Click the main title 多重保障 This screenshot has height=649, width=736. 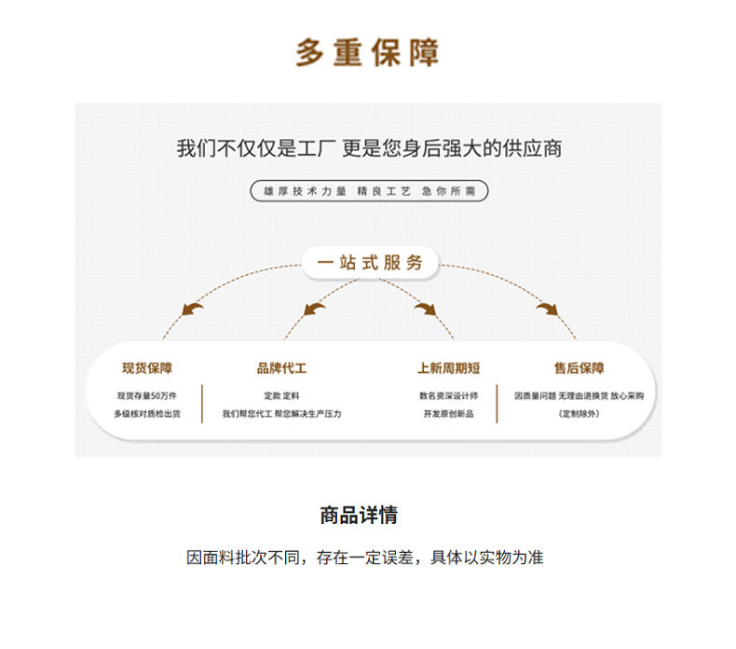[367, 53]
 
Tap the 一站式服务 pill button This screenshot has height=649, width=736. [369, 262]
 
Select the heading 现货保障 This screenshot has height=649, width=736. [146, 368]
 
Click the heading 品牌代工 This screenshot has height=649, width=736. [281, 368]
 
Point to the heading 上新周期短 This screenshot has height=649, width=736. [449, 368]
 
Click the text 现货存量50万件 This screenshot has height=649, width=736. [146, 395]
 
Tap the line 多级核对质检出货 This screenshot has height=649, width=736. [146, 413]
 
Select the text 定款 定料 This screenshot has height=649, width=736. [281, 395]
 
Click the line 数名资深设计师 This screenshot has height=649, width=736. [449, 395]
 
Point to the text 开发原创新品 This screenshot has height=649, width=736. [449, 413]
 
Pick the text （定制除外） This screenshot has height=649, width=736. [579, 413]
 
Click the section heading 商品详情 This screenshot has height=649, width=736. [359, 515]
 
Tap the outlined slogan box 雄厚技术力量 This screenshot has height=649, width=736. [369, 191]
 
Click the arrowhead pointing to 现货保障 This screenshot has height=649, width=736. [193, 308]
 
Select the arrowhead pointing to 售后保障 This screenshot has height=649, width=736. [547, 308]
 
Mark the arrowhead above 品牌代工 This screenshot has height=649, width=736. [315, 308]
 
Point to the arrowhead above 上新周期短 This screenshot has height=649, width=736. [426, 308]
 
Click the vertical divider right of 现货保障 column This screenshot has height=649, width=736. [202, 404]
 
